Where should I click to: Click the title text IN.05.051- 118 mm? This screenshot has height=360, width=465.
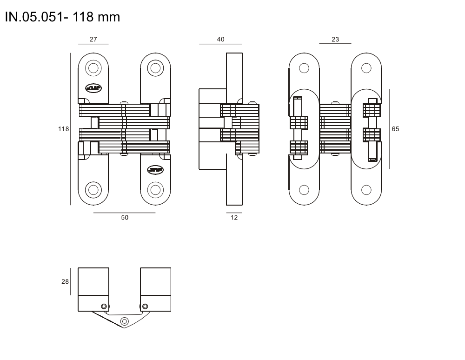pyautogui.click(x=63, y=17)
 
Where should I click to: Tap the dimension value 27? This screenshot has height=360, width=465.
pyautogui.click(x=93, y=39)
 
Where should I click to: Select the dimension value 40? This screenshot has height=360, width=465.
pyautogui.click(x=220, y=39)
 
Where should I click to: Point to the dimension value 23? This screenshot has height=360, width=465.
pyautogui.click(x=335, y=39)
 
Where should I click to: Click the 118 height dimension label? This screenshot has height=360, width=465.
pyautogui.click(x=63, y=129)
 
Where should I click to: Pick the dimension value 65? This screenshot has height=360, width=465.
pyautogui.click(x=395, y=129)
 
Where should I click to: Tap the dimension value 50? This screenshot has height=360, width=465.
pyautogui.click(x=125, y=217)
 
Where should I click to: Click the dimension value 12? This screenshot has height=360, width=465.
pyautogui.click(x=234, y=217)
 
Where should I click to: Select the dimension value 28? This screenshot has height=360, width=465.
pyautogui.click(x=65, y=281)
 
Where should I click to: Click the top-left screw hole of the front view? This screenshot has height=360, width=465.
pyautogui.click(x=93, y=68)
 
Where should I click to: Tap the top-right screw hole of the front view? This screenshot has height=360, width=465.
pyautogui.click(x=155, y=68)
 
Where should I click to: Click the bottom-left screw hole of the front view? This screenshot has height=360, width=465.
pyautogui.click(x=93, y=190)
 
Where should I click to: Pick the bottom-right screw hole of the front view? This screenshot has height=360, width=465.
pyautogui.click(x=155, y=190)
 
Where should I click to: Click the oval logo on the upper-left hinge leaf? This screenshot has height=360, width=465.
pyautogui.click(x=93, y=88)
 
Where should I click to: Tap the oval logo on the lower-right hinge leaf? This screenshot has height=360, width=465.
pyautogui.click(x=155, y=170)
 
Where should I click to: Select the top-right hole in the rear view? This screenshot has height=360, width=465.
pyautogui.click(x=366, y=68)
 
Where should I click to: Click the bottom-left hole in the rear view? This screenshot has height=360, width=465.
pyautogui.click(x=304, y=190)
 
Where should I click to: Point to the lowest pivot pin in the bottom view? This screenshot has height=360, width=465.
pyautogui.click(x=125, y=321)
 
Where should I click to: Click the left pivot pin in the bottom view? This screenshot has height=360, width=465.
pyautogui.click(x=104, y=307)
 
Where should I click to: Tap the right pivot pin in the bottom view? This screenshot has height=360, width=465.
pyautogui.click(x=145, y=307)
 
